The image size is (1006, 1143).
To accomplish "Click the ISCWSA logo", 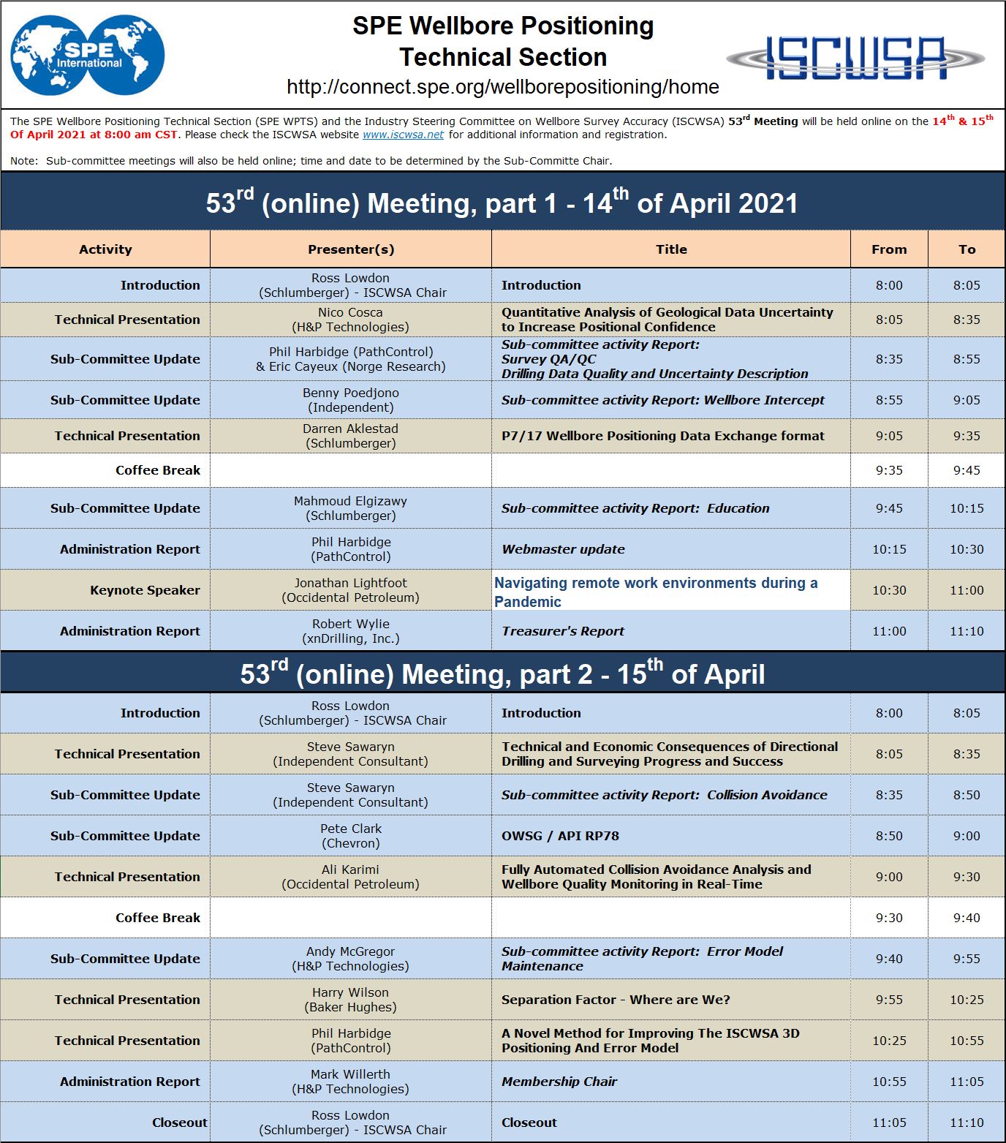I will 855,57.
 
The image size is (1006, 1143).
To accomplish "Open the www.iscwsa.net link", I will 403,135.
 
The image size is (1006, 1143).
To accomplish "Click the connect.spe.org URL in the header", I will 503,87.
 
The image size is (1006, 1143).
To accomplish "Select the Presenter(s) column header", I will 351,249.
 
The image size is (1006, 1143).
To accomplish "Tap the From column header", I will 889,249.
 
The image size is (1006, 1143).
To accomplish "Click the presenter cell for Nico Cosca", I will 351,320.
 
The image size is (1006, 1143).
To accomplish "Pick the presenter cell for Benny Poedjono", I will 351,400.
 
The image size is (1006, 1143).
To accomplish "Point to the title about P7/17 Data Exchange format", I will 662,436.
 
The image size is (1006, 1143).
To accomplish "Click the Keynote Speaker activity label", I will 145,590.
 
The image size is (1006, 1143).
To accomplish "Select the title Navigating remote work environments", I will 656,592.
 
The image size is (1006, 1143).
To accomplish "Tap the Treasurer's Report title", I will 563,631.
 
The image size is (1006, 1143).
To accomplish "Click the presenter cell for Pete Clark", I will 351,836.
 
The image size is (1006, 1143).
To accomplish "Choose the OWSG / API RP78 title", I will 560,836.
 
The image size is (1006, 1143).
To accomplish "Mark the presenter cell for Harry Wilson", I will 351,1000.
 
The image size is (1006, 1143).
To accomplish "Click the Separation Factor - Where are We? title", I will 616,1000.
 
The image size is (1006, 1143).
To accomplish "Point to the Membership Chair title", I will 559,1082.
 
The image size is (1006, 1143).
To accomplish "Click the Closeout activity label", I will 179,1123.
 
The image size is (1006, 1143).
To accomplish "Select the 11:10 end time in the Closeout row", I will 967,1123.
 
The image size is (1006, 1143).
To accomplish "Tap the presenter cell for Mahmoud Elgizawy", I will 351,508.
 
